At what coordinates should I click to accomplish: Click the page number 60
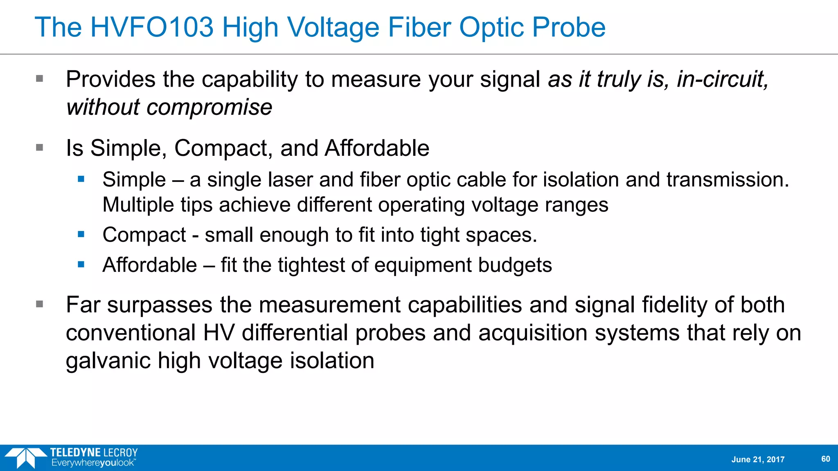tap(825, 459)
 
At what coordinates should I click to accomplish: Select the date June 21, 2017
tap(758, 460)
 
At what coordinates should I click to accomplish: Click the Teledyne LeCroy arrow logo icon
tap(25, 457)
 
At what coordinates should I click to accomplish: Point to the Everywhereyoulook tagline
tap(93, 463)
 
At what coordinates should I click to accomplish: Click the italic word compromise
tap(209, 108)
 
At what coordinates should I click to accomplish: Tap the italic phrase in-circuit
tap(723, 79)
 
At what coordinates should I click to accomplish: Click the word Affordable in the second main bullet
tap(377, 148)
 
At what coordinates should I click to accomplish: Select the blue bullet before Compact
tap(81, 234)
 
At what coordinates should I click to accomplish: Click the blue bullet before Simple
tap(81, 179)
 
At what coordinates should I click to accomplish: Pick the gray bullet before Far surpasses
tap(40, 304)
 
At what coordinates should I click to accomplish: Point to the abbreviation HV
tap(219, 333)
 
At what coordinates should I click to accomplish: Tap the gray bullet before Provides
tap(40, 78)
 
